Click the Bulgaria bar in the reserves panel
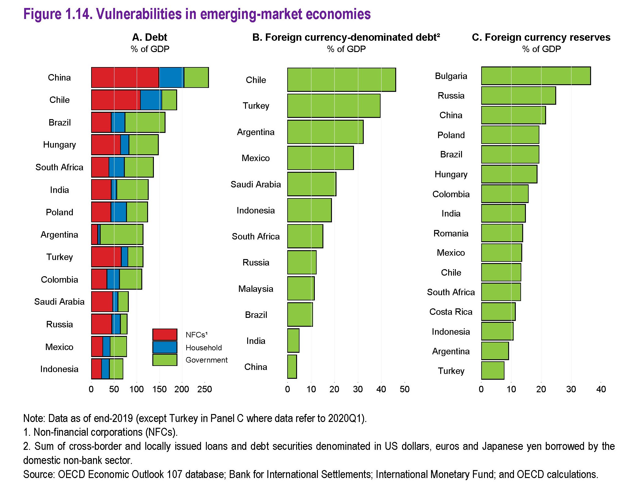click(x=536, y=76)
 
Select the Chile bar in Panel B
click(x=341, y=80)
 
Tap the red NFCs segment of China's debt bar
click(x=125, y=77)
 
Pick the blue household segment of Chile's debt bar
click(x=151, y=100)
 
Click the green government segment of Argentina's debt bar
click(x=121, y=235)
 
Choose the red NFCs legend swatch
click(x=165, y=335)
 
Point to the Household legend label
click(x=203, y=348)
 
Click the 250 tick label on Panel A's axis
click(x=204, y=389)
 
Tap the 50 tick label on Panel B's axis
click(x=404, y=389)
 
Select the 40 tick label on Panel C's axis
click(x=601, y=389)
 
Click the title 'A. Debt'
click(x=150, y=37)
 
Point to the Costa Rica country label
click(x=451, y=312)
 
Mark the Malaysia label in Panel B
click(x=256, y=289)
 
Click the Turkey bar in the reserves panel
click(x=493, y=371)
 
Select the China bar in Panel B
click(x=292, y=367)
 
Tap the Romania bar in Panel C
click(x=502, y=233)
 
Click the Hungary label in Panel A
click(x=59, y=145)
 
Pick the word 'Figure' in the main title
click(x=42, y=14)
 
